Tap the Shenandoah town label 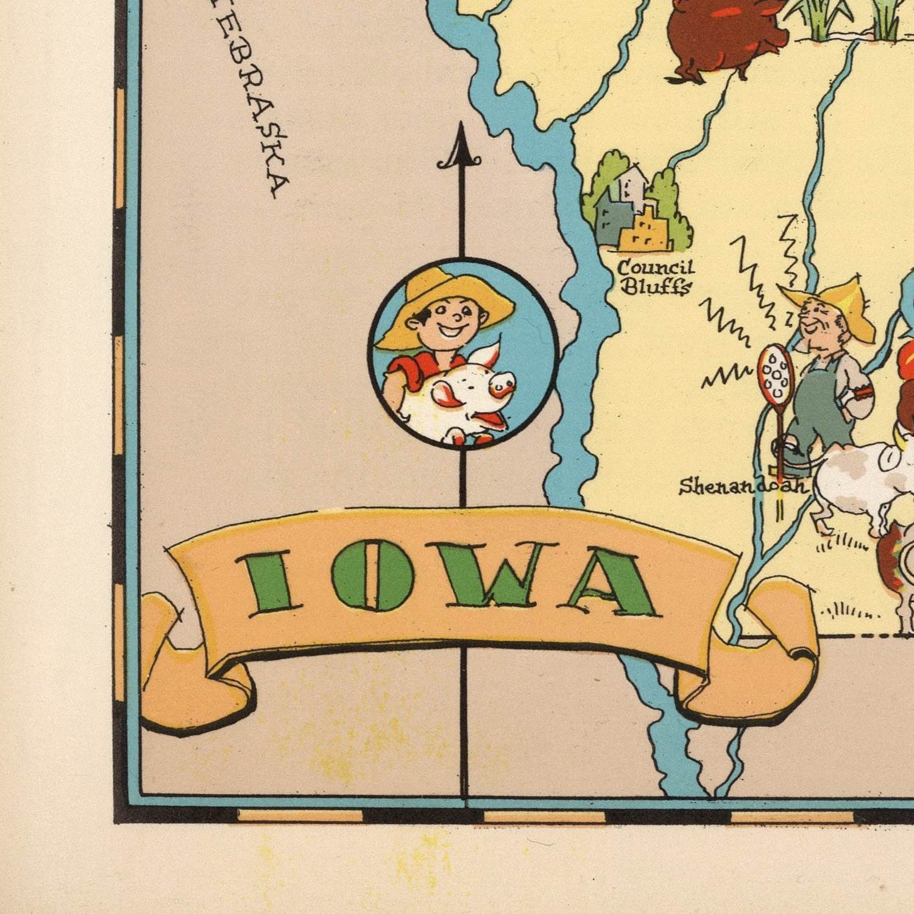click(742, 486)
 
